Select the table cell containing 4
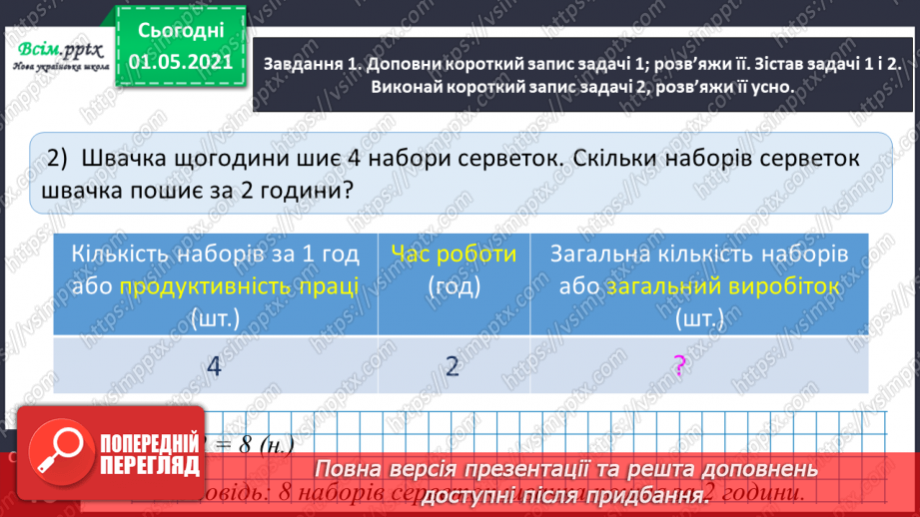pyautogui.click(x=213, y=366)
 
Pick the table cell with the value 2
pyautogui.click(x=453, y=366)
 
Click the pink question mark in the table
pyautogui.click(x=679, y=366)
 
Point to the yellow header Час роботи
pyautogui.click(x=453, y=254)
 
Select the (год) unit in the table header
pyautogui.click(x=453, y=286)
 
